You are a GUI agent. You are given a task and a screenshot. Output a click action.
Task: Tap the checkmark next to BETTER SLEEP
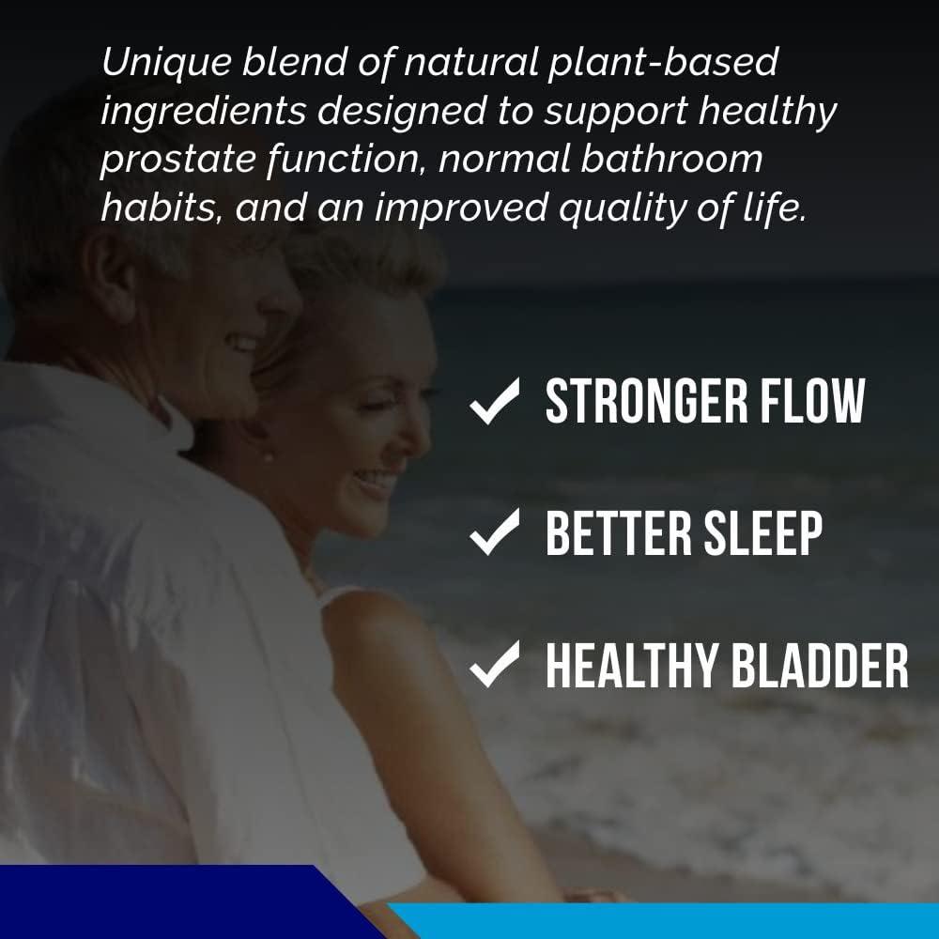[495, 533]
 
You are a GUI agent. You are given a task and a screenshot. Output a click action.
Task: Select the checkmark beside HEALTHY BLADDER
[495, 665]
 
